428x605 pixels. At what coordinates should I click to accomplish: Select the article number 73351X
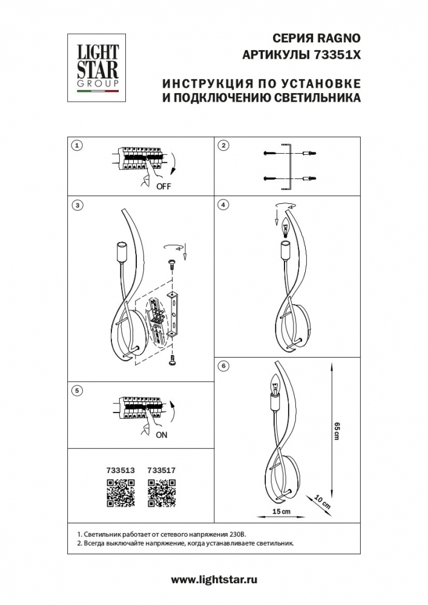coord(337,54)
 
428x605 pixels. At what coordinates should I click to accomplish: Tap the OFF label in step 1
coord(163,186)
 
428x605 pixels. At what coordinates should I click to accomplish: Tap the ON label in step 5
coord(161,434)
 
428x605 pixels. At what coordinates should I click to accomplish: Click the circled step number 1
coord(76,145)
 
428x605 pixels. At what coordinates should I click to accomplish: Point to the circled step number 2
coord(224,145)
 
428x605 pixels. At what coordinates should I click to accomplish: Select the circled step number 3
coord(76,205)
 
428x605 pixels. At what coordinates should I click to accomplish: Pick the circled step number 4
coord(224,205)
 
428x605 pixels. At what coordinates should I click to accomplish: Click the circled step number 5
coord(76,391)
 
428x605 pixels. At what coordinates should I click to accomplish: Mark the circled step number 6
coord(224,366)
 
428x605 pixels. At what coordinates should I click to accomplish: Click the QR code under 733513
coord(120,492)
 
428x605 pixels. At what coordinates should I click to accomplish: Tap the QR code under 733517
coord(162,492)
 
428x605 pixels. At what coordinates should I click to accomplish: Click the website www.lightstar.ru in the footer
coord(214,580)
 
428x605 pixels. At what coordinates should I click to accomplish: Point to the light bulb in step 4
coord(285,229)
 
